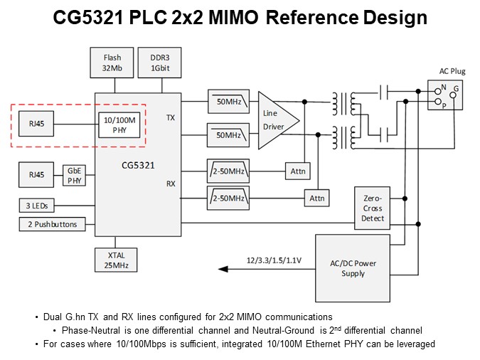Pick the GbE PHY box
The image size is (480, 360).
(75, 174)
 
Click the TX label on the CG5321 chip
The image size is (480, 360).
(171, 117)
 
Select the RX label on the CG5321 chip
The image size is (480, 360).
(171, 183)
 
